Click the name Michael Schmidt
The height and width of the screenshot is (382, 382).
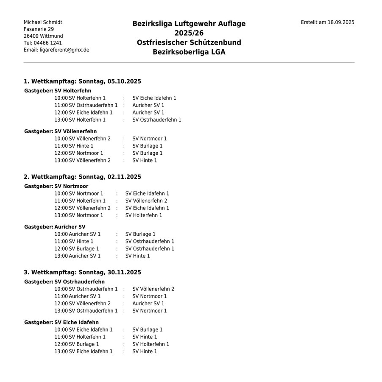pos(43,22)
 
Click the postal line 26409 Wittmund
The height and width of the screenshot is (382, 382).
pos(43,36)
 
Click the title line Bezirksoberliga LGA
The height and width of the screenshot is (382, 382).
pos(189,52)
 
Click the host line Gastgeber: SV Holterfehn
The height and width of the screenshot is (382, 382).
pos(58,91)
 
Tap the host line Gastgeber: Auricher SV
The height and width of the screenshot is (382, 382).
pos(55,227)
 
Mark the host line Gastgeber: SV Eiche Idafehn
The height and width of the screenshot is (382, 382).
pos(61,322)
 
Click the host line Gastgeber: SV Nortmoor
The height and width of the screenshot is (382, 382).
pos(56,186)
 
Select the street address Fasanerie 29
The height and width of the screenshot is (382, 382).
pos(39,29)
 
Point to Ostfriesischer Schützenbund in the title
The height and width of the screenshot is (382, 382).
pos(189,42)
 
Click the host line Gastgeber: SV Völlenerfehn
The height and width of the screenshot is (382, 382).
pos(60,131)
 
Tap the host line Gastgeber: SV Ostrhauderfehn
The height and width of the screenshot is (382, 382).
pos(64,282)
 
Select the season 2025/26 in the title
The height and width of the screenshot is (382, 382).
pos(189,33)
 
